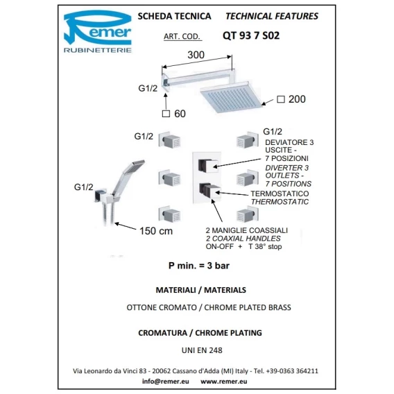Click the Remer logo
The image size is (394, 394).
(98, 31)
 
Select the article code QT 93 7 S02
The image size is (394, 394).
(251, 35)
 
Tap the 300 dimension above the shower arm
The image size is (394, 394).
(196, 55)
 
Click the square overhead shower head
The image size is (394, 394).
(231, 97)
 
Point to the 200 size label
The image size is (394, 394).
(297, 99)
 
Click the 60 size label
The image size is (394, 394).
(180, 114)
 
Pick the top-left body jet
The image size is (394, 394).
(170, 139)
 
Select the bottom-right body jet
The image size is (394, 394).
(248, 214)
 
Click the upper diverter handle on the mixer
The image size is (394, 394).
(208, 166)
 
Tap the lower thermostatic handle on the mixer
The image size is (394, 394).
(209, 191)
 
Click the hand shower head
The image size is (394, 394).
(134, 166)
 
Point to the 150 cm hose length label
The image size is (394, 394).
(156, 231)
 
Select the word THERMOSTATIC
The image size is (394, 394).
(280, 202)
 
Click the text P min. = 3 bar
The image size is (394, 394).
(199, 266)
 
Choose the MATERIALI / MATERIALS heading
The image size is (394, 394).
(200, 290)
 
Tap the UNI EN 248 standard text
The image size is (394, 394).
(202, 350)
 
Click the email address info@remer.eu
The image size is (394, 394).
(166, 382)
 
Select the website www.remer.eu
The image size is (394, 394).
(223, 382)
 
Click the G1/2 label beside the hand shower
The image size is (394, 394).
(83, 187)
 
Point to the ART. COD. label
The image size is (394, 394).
(182, 37)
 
